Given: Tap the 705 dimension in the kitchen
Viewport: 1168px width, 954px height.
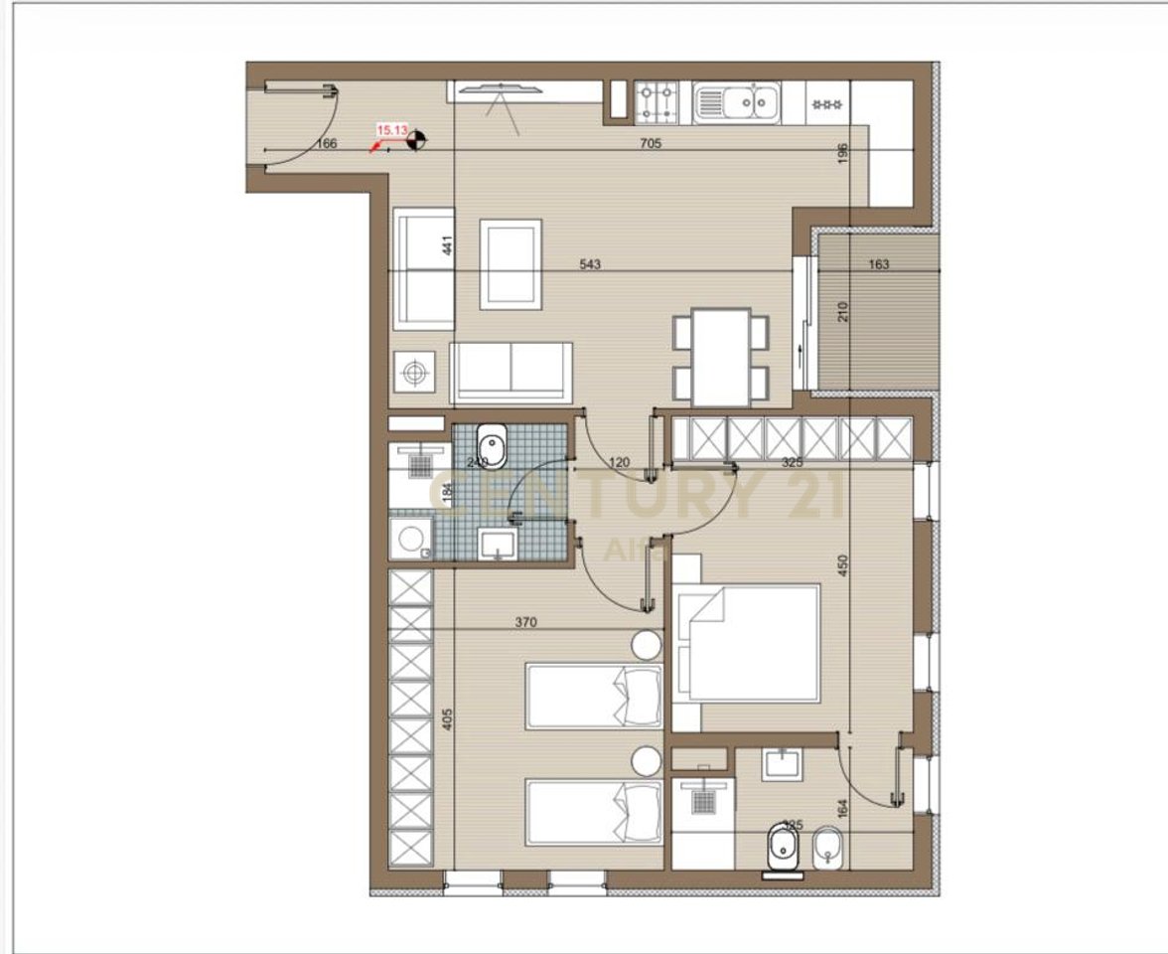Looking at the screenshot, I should tap(651, 143).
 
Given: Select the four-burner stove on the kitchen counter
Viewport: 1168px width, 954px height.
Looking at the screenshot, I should tap(657, 100).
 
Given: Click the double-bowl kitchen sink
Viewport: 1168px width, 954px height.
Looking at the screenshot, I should tap(736, 101).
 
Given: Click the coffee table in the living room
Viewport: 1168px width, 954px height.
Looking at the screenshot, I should tap(511, 263).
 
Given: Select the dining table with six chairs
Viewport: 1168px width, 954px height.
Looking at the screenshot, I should tap(721, 356).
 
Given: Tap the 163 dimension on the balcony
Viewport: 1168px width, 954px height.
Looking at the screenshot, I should tap(878, 265).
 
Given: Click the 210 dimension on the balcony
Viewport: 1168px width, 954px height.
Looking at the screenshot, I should tap(843, 313).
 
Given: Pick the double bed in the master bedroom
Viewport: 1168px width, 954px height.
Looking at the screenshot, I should tap(746, 644).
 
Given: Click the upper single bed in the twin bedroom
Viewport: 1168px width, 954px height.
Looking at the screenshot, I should tap(594, 697).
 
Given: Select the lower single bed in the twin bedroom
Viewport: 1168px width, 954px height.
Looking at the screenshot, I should tap(594, 811).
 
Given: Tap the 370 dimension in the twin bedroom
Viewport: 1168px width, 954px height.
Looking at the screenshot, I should tap(525, 623).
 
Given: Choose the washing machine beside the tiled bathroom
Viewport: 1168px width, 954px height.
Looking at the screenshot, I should tap(408, 538).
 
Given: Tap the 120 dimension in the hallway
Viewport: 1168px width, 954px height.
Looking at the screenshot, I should tap(621, 462).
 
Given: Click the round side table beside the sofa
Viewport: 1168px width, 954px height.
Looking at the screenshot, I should tap(413, 375).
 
